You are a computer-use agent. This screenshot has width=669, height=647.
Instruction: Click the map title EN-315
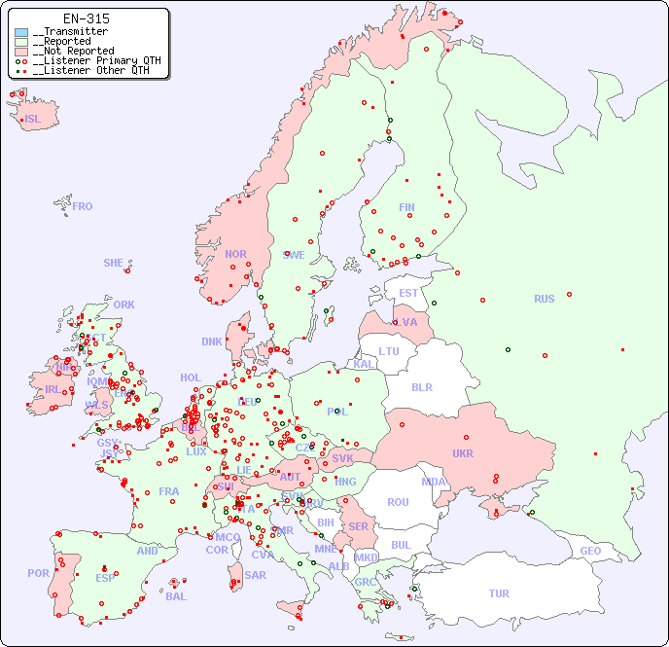[86, 18]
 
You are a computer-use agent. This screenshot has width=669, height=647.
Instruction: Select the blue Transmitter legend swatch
[21, 32]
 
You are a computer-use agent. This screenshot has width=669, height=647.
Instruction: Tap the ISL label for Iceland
[33, 120]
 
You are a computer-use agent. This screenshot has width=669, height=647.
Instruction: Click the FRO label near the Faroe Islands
[83, 206]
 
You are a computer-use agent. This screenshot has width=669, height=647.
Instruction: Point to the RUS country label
[544, 299]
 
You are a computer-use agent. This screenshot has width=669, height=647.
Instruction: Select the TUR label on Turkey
[499, 593]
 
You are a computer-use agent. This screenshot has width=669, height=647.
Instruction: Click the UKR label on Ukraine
[463, 453]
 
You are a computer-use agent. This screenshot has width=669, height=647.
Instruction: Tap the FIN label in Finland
[406, 207]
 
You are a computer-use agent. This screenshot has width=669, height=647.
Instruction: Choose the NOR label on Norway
[235, 254]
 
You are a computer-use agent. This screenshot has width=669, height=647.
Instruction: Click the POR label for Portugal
[38, 573]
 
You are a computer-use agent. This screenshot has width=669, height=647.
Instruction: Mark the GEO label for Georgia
[590, 551]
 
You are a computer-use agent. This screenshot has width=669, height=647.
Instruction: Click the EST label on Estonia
[408, 293]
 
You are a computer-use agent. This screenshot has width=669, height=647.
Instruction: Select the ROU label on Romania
[398, 502]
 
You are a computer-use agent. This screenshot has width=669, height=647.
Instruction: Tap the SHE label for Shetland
[114, 263]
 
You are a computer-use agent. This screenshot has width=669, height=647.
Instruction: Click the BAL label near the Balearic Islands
[175, 596]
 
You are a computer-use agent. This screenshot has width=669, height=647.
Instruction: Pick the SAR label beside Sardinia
[255, 575]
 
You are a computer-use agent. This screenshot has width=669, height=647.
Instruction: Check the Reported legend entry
[66, 41]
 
